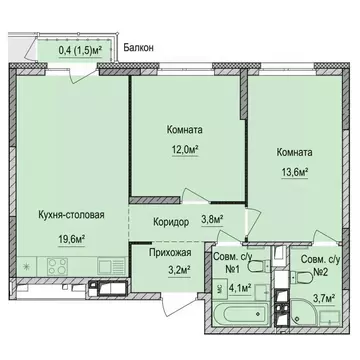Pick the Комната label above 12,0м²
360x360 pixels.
point(186,130)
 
